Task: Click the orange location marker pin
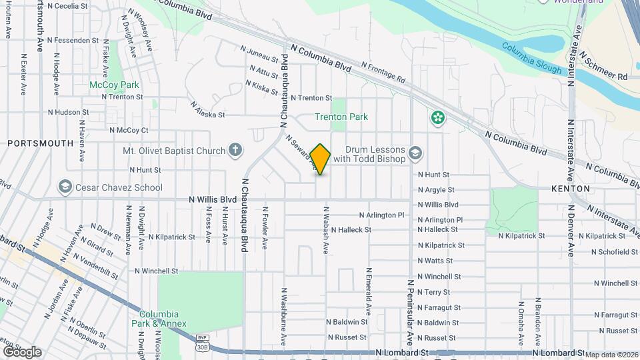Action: tap(321, 159)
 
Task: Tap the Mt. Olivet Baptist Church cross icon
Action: tap(235, 150)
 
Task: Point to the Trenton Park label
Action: tap(341, 117)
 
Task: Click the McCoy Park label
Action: tap(115, 85)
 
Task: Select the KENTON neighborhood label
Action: tap(570, 189)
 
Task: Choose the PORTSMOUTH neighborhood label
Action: tap(40, 143)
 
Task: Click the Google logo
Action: tap(21, 351)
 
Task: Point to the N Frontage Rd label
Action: tap(383, 72)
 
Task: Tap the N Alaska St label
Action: tap(207, 110)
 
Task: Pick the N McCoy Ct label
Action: tap(129, 129)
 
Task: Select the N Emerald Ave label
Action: tap(368, 291)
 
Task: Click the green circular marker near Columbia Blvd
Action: tap(437, 118)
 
